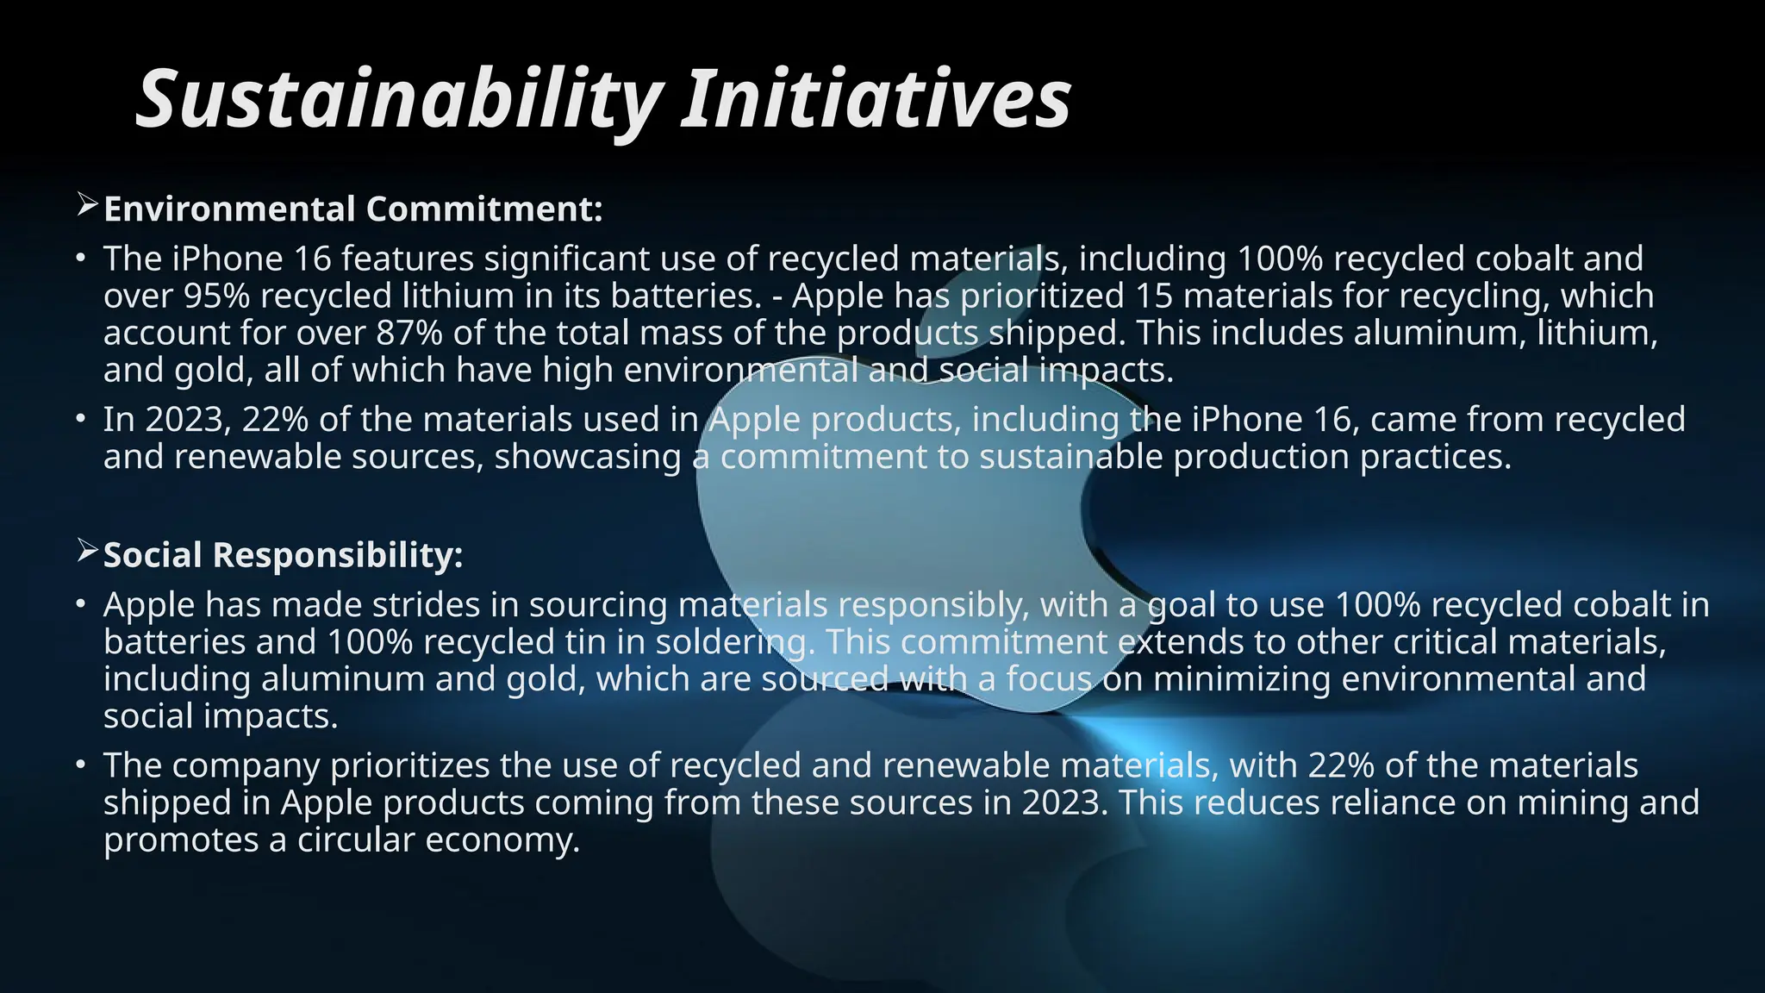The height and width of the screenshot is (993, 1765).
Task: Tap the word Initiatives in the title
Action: (x=876, y=100)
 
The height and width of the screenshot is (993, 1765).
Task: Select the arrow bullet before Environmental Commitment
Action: (x=87, y=206)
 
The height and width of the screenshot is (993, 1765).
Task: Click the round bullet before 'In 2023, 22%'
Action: (x=80, y=420)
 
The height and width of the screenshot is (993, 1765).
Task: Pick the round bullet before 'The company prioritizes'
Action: (x=80, y=765)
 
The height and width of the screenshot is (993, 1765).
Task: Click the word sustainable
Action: (x=1070, y=456)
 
